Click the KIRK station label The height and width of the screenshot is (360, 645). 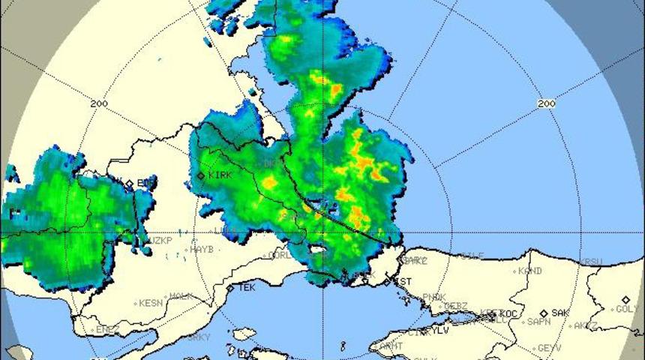220,175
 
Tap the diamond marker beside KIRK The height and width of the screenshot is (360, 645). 201,175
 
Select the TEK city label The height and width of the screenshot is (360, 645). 247,287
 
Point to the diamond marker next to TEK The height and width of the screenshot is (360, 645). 230,287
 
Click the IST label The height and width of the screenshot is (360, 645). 403,282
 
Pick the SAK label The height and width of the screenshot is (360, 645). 560,313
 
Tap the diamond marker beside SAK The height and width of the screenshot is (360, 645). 544,313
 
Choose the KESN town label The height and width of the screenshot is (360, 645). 151,304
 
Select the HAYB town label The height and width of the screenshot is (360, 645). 202,250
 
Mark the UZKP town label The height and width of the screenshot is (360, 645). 160,241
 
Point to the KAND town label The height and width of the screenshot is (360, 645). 530,271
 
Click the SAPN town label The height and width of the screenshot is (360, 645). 538,322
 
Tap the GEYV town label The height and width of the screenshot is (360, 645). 550,349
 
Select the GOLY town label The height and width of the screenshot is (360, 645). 628,309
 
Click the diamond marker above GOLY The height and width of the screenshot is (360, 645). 625,299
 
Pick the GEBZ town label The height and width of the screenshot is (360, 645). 455,306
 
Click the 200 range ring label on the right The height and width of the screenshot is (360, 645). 547,103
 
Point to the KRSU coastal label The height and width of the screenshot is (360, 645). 591,262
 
